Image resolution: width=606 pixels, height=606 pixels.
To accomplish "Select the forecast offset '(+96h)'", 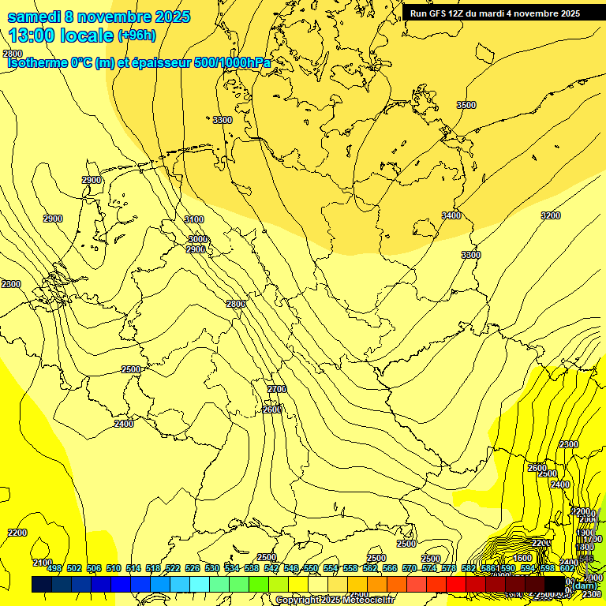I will coord(137,36).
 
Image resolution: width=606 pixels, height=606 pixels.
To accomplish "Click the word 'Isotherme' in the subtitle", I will coord(36,63).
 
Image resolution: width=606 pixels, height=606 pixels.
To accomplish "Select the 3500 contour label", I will coord(466,105).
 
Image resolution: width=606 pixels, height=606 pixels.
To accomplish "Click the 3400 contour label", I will coord(451,215).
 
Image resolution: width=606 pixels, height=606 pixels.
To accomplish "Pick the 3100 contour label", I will coord(194,219).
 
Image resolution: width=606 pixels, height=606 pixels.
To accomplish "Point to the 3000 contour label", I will coord(198,239).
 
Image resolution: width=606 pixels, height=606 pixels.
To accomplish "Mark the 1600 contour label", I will coord(522,558).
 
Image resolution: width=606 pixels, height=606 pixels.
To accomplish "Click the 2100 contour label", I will coord(43,563).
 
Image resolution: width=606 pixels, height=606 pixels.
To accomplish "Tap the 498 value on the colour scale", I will coord(54,568).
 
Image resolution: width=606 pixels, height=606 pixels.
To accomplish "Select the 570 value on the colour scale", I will coord(409,568).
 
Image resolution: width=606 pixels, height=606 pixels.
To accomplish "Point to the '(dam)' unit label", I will coord(585,585).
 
